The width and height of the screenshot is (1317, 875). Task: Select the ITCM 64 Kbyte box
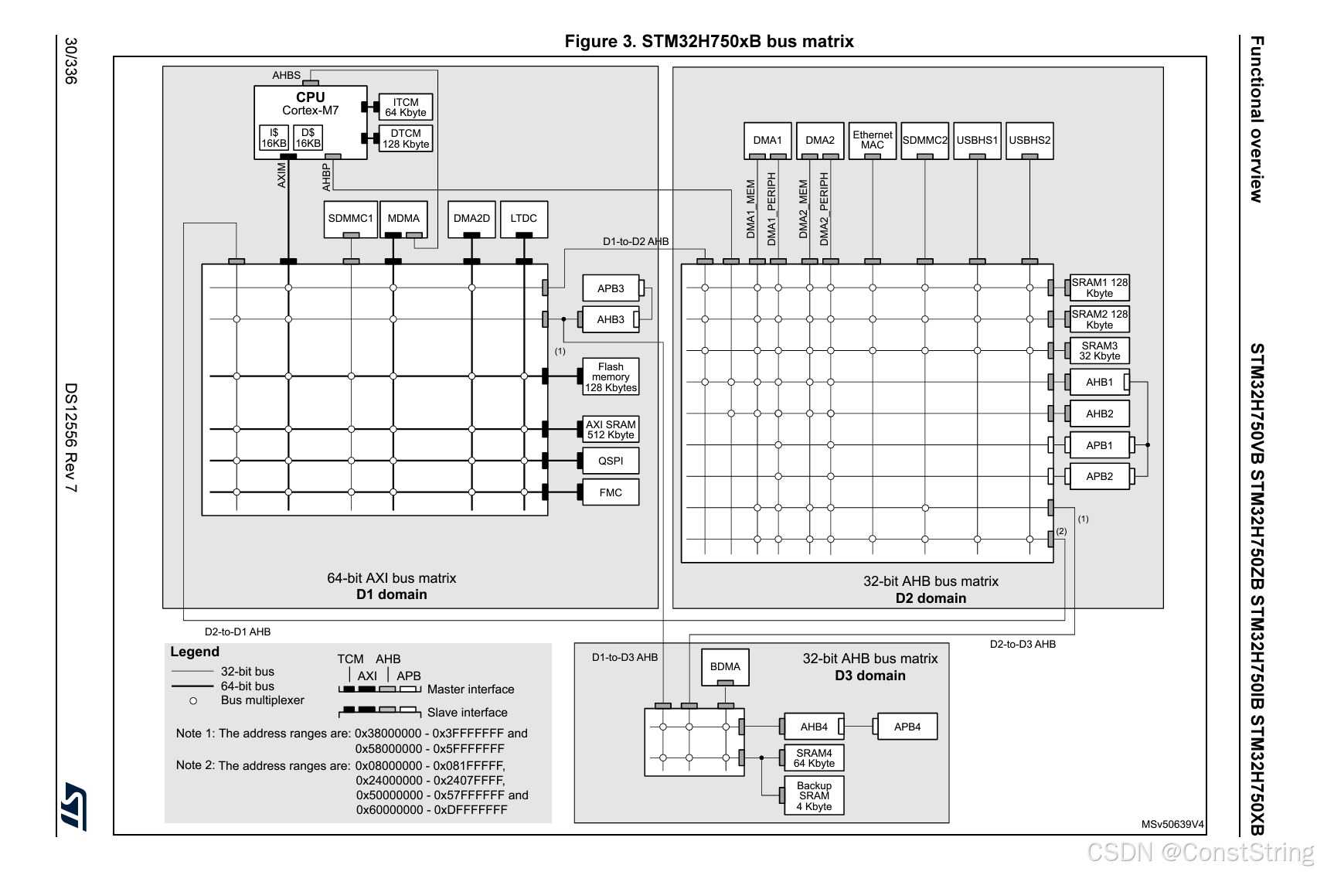tap(405, 107)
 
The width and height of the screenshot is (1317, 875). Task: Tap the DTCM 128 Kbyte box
tap(405, 138)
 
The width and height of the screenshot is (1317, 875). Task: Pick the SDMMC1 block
tap(350, 219)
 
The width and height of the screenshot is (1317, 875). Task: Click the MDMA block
tap(403, 219)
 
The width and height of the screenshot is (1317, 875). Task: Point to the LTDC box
tap(523, 219)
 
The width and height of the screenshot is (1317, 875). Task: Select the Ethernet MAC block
tap(872, 140)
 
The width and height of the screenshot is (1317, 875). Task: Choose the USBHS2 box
tap(1029, 140)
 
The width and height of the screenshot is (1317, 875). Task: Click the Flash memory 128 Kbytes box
tap(611, 377)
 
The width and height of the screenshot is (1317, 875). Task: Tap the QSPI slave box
tap(611, 461)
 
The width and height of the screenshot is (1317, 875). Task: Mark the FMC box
tap(611, 492)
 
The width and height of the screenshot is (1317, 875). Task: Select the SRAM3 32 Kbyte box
tap(1099, 351)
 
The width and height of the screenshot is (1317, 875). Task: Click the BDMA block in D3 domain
tap(725, 666)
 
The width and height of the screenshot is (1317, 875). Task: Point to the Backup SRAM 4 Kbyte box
tap(814, 796)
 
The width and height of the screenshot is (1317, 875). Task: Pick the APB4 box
tap(907, 727)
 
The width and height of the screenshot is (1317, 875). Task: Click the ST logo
tap(74, 805)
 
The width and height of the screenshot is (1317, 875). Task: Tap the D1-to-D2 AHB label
tap(635, 241)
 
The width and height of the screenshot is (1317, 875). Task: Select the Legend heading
tap(195, 652)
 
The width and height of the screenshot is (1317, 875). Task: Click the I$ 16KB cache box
tap(274, 138)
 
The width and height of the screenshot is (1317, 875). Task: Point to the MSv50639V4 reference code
tap(1172, 824)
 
